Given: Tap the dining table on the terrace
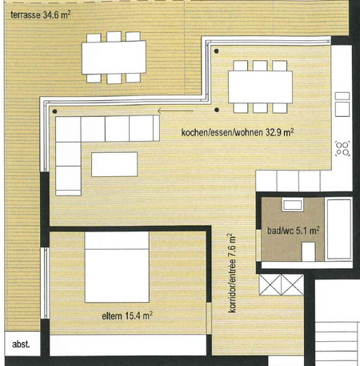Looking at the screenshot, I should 114,57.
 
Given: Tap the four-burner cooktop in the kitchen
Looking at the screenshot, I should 343,147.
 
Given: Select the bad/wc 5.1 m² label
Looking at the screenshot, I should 293,230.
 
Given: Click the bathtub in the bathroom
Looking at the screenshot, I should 339,230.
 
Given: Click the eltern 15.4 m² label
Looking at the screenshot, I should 126,316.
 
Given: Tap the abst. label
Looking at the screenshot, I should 21,344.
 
